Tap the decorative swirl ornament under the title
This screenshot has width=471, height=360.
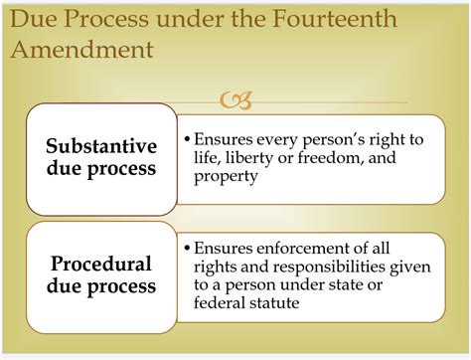(x=239, y=99)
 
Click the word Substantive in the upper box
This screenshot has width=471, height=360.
(x=100, y=145)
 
